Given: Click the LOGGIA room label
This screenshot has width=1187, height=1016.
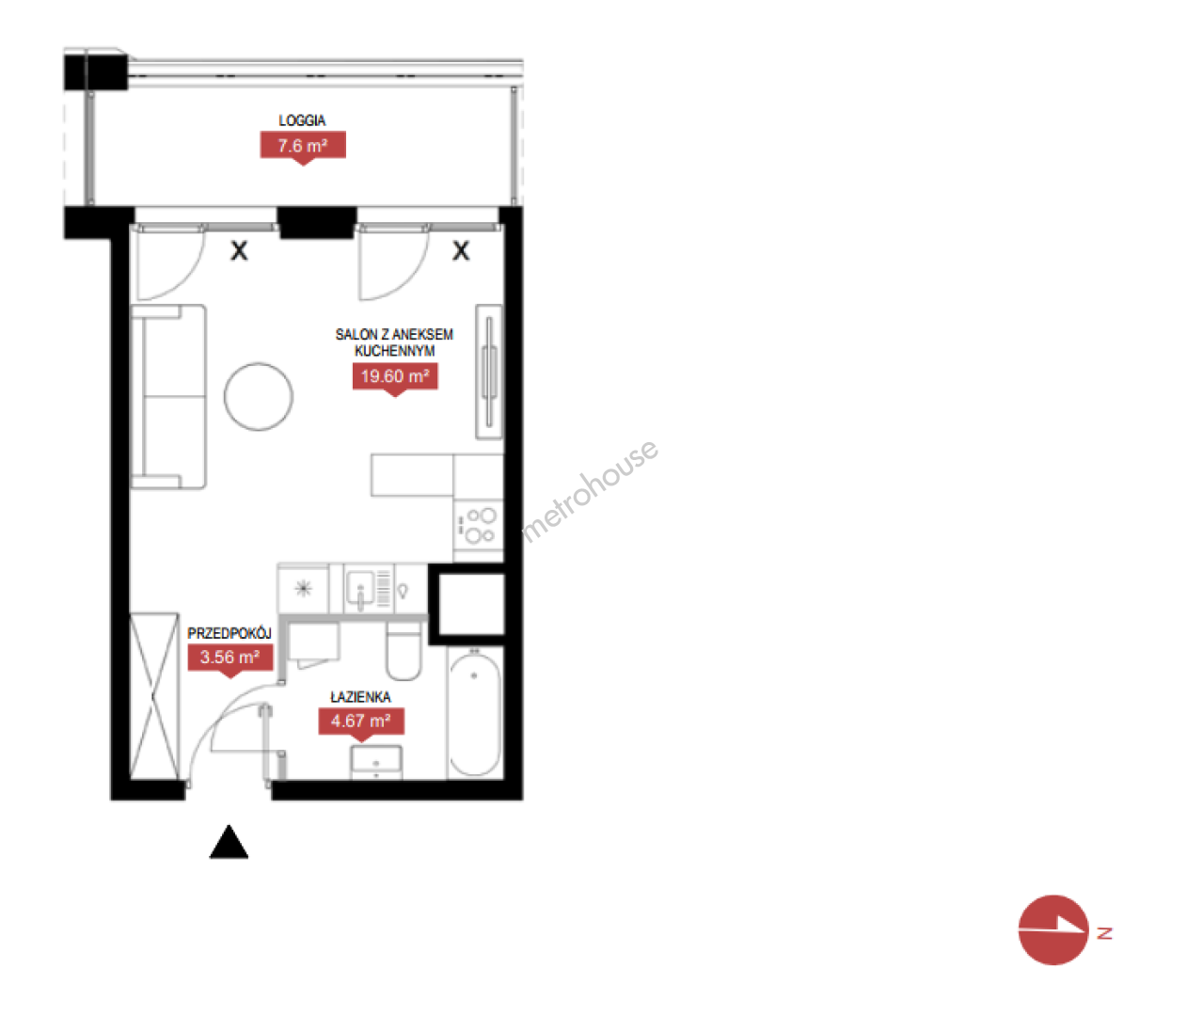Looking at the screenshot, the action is (x=302, y=120).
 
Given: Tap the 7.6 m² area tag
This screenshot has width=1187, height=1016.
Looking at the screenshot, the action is (x=303, y=146).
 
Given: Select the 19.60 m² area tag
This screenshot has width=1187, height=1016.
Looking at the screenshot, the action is (x=395, y=376).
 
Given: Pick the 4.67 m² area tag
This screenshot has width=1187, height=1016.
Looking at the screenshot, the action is (x=361, y=721).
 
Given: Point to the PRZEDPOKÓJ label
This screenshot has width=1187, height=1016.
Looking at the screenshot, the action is (x=229, y=633).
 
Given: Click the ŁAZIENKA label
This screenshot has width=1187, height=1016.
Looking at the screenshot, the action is (x=360, y=697).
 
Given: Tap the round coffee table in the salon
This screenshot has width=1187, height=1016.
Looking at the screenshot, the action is (x=259, y=396).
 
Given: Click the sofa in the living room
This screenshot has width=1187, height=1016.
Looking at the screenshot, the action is (x=168, y=397).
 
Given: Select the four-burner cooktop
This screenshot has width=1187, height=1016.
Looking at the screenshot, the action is (x=479, y=526).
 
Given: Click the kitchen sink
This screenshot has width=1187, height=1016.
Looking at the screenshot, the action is (x=360, y=589).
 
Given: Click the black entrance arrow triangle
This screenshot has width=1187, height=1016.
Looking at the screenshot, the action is (x=229, y=842).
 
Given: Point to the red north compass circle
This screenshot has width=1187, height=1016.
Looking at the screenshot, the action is (x=1053, y=929).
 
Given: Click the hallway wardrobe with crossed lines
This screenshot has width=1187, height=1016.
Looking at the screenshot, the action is (x=154, y=697).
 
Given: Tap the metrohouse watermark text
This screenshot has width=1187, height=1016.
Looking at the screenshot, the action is (x=590, y=491).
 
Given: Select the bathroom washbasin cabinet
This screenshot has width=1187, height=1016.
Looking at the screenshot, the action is (x=376, y=762).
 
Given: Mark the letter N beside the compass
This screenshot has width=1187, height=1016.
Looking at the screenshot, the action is (x=1105, y=933).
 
